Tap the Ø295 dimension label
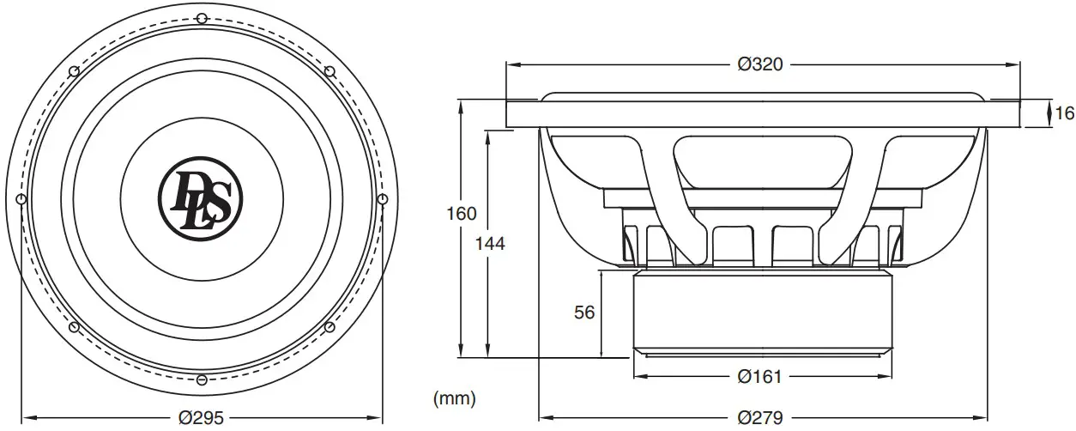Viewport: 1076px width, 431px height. point(202,417)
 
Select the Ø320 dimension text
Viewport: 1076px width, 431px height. point(760,64)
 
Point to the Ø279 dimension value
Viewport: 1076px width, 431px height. point(760,417)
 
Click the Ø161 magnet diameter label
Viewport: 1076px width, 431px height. point(760,376)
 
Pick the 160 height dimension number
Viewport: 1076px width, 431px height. point(462,215)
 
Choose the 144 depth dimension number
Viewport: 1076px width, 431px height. point(490,243)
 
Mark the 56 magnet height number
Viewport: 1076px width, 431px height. point(584,313)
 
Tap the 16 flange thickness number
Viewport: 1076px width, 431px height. point(1064,113)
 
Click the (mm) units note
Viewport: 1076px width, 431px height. point(455,398)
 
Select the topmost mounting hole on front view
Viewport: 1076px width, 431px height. point(201,18)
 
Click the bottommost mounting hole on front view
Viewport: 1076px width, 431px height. point(201,379)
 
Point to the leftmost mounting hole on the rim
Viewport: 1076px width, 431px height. point(21,199)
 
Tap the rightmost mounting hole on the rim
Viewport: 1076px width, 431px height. point(382,199)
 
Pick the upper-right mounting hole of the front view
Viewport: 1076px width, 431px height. point(329,70)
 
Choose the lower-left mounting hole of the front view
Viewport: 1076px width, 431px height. point(74,327)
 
